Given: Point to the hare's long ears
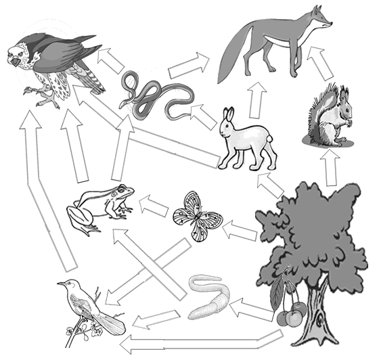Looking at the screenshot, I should click(227, 117).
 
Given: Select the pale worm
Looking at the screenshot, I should click(208, 297).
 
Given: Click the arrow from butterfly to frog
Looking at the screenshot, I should click(155, 206).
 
